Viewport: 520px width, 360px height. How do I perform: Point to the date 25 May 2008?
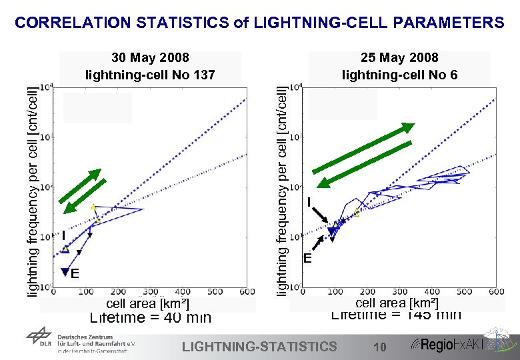399,58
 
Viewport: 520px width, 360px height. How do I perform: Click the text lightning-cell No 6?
399,75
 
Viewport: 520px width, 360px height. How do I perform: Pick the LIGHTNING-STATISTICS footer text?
259,346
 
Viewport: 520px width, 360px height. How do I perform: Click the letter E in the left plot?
75,274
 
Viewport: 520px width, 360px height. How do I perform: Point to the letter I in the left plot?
63,235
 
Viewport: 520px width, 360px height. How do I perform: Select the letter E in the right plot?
307,259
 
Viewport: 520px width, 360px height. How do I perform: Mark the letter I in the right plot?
309,202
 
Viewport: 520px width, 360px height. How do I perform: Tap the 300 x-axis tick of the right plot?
399,292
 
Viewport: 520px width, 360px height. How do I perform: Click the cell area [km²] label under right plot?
397,303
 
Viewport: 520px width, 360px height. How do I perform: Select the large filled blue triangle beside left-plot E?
65,271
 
